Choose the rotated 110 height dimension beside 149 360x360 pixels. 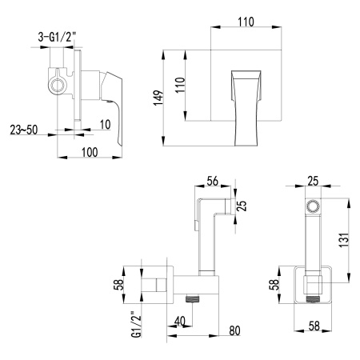tap(182, 84)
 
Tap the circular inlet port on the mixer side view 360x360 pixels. tap(58, 82)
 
